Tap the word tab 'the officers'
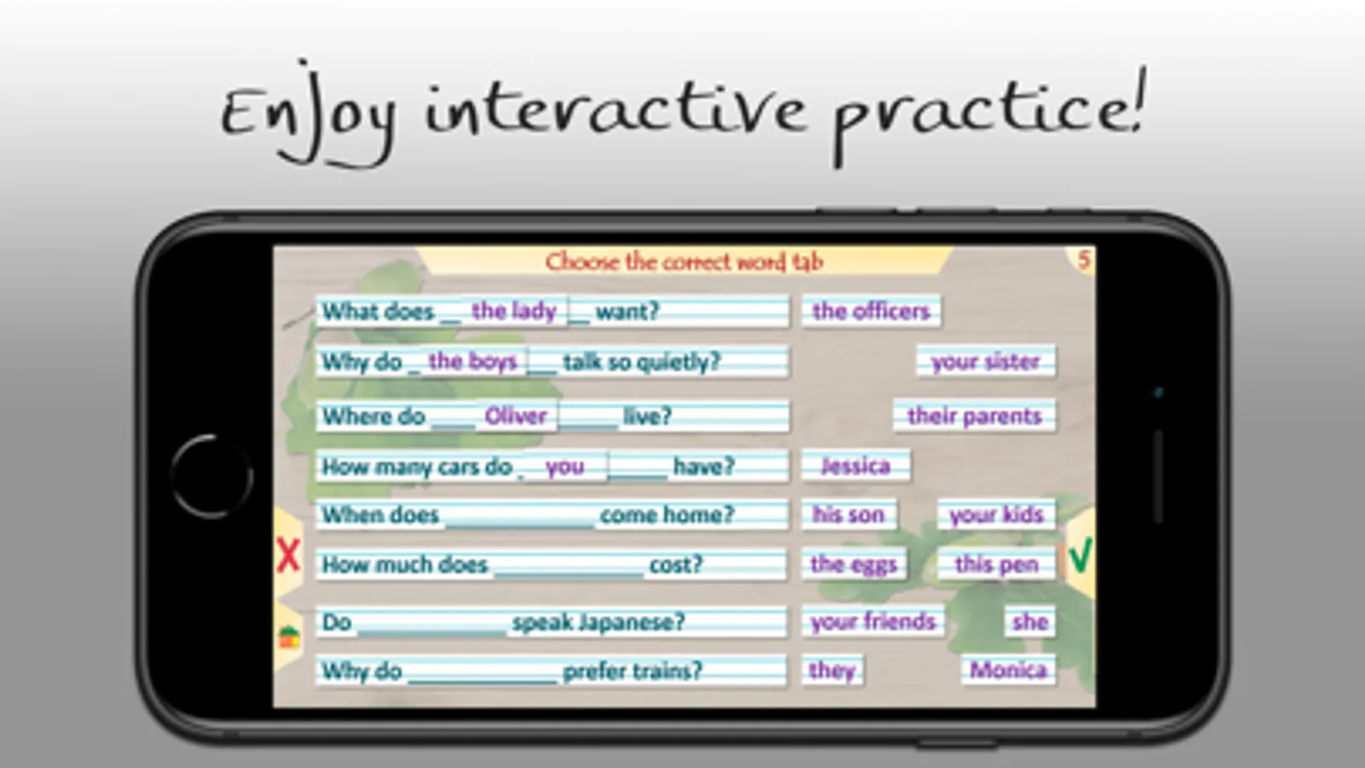[x=872, y=311]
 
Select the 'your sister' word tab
[x=986, y=362]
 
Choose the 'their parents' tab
[x=974, y=416]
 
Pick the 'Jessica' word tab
[x=855, y=467]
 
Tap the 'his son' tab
[x=849, y=515]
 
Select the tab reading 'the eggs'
[x=854, y=564]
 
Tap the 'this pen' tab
[x=997, y=564]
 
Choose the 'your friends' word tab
[x=872, y=622]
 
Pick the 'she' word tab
[x=1030, y=622]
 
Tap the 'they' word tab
[x=831, y=670]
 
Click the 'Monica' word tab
[x=1008, y=670]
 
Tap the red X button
[x=289, y=555]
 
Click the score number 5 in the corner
[x=1083, y=260]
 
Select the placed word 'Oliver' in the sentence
[x=516, y=416]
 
